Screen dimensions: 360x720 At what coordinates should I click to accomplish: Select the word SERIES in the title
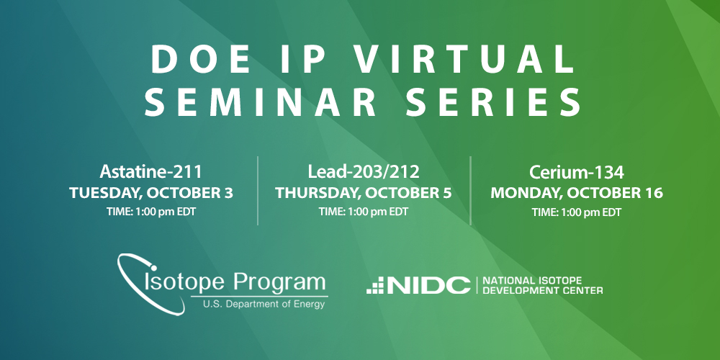501,102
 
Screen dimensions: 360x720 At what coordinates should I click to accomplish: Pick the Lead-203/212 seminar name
363,174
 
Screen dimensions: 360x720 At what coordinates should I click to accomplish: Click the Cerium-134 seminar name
576,174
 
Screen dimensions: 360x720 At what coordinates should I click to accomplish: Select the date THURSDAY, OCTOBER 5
363,193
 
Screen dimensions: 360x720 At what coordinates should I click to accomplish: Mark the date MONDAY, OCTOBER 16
576,193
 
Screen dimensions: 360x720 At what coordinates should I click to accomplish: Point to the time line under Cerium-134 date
576,212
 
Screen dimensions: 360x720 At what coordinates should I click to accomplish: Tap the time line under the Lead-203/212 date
363,212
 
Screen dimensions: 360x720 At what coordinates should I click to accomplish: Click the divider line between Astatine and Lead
258,190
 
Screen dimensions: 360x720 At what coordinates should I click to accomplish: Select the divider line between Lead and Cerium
470,190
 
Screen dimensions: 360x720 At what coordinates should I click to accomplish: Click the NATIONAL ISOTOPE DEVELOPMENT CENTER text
541,285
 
